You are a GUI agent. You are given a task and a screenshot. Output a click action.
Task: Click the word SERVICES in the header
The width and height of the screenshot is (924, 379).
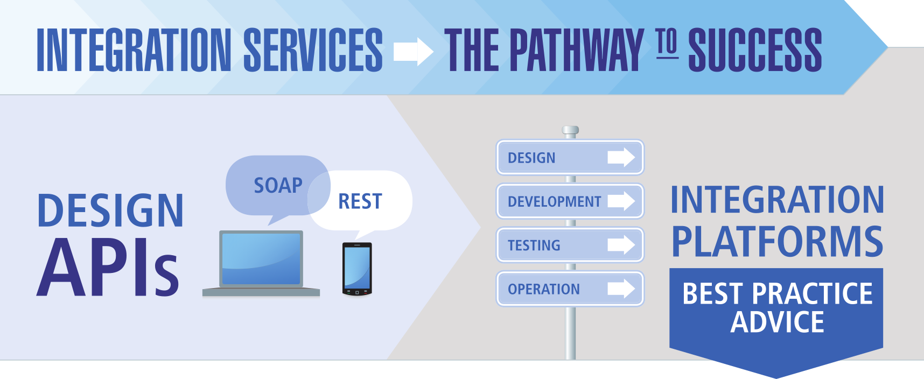click(313, 50)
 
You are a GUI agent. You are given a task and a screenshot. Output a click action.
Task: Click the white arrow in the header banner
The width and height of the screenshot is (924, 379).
click(413, 51)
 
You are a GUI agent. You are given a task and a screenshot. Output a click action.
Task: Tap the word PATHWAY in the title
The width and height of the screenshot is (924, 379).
click(576, 50)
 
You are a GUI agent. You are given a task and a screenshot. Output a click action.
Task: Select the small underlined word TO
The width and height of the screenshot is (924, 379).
click(667, 43)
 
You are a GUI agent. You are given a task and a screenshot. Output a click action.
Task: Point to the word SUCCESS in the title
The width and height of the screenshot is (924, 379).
click(755, 50)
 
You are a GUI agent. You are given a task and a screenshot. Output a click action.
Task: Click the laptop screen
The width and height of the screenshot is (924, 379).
click(261, 258)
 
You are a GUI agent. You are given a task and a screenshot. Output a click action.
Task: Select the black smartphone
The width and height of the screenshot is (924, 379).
click(357, 269)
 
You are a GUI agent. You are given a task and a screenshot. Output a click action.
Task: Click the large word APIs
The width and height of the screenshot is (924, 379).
click(108, 268)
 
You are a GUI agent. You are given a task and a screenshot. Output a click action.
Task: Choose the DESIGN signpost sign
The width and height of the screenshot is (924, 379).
click(570, 157)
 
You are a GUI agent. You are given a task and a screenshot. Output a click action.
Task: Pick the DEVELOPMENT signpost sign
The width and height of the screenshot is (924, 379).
click(570, 201)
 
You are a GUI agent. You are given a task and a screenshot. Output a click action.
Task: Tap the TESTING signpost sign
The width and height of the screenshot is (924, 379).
click(570, 245)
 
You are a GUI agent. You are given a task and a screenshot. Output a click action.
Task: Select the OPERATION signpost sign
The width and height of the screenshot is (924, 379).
click(570, 289)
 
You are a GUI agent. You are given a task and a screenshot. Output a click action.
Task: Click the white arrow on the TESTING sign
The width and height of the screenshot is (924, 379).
click(621, 245)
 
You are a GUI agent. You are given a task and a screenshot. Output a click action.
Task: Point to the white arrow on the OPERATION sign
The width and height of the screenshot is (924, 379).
click(621, 289)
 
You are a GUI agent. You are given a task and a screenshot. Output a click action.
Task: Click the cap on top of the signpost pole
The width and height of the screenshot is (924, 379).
click(570, 130)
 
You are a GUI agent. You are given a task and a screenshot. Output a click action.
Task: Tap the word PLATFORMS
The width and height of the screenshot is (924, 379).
click(777, 241)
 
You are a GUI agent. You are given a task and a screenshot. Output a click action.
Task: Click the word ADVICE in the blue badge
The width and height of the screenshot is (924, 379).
click(777, 322)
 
